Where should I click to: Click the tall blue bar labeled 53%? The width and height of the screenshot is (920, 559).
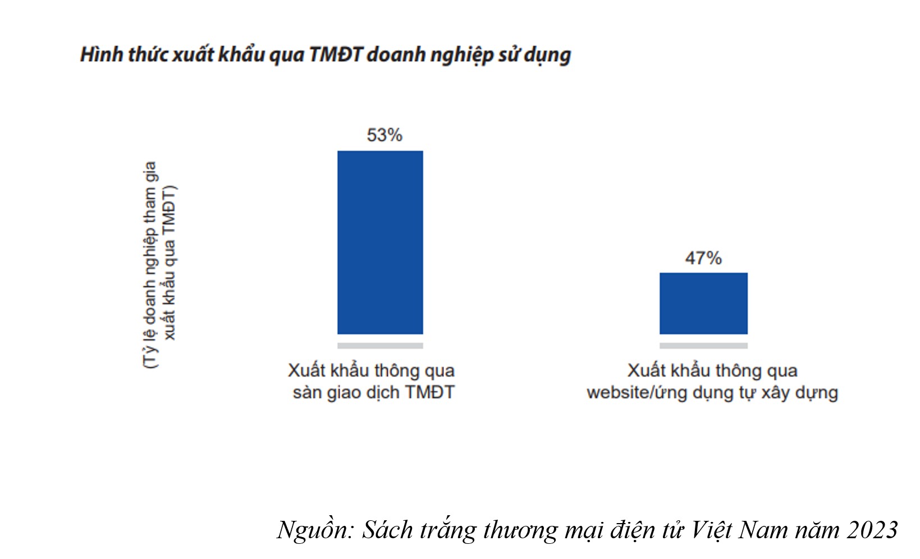click(380, 242)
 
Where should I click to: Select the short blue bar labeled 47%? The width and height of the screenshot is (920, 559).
click(703, 303)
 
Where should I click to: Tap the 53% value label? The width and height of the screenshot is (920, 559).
click(385, 135)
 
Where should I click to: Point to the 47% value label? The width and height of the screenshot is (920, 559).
click(703, 258)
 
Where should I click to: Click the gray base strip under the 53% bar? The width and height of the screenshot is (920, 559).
click(380, 346)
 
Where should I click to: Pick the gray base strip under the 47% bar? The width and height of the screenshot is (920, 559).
click(703, 346)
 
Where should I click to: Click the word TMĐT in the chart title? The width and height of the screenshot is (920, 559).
click(336, 55)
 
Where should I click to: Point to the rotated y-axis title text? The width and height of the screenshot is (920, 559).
click(159, 264)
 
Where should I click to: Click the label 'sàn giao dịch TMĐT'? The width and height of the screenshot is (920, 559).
click(373, 392)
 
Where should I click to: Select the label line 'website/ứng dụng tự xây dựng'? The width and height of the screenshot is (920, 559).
click(712, 392)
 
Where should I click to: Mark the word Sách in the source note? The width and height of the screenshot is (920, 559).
click(387, 530)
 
